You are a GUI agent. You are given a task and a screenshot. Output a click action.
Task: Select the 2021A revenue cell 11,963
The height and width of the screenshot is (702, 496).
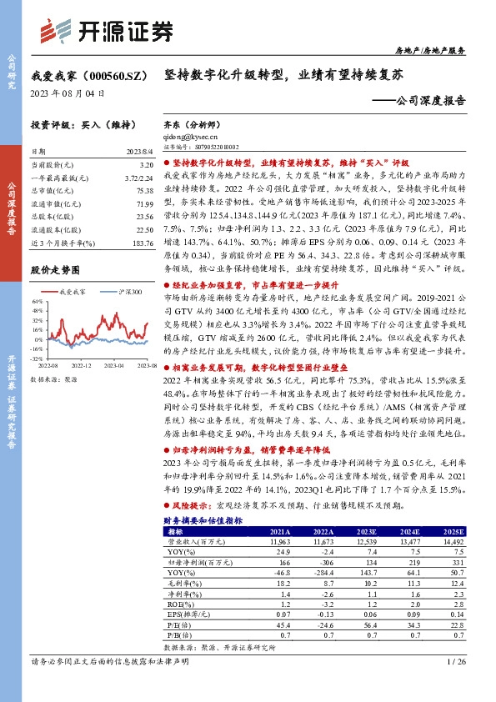click(x=278, y=541)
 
